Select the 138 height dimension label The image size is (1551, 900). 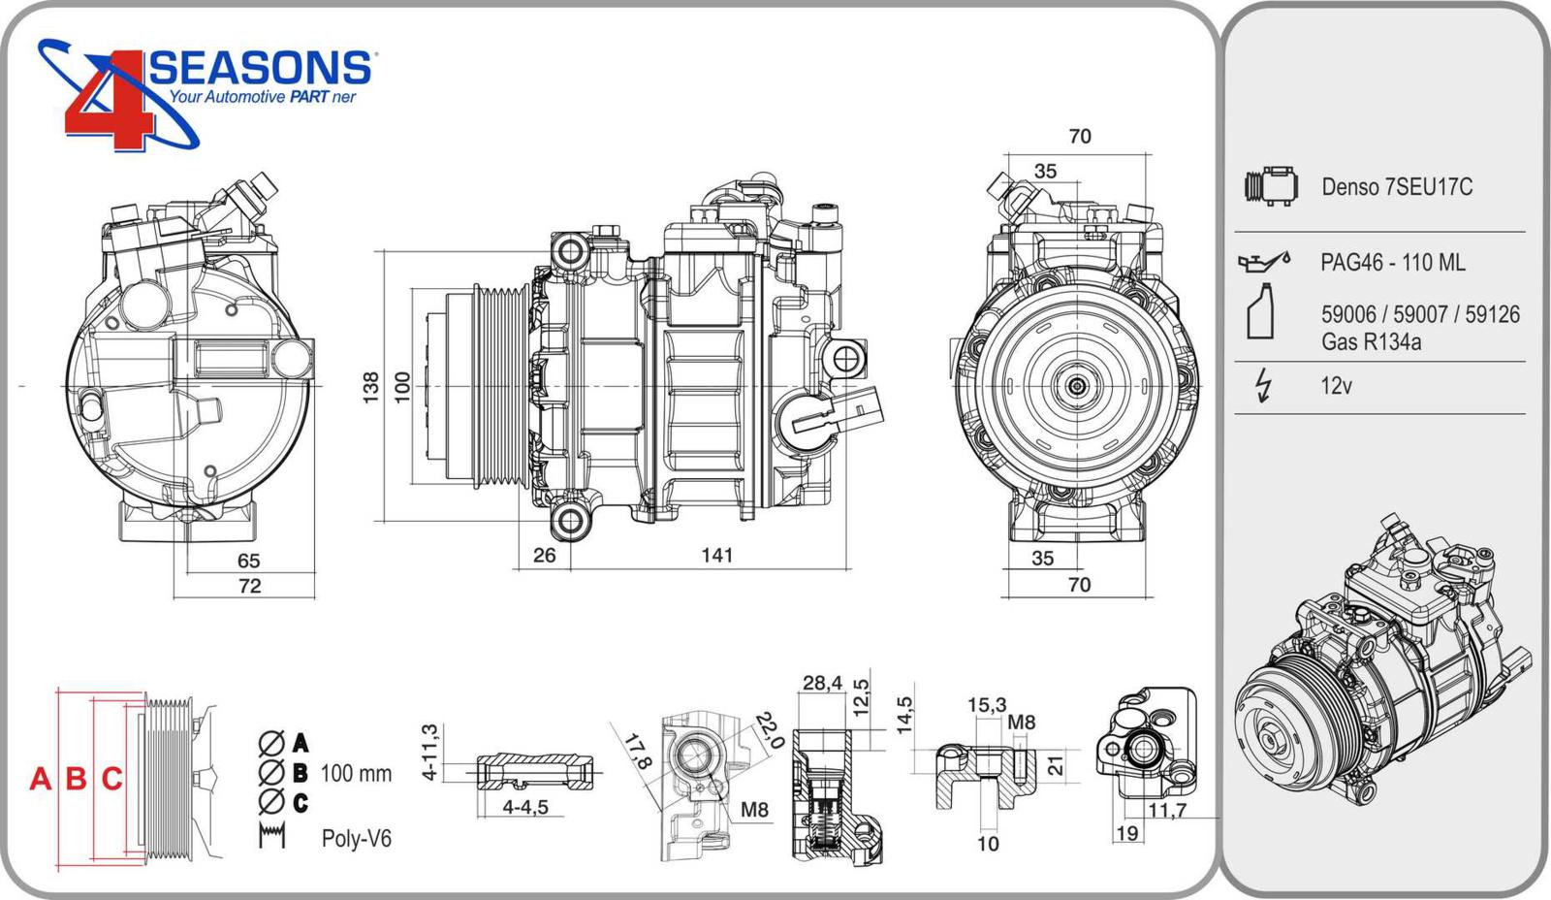click(371, 387)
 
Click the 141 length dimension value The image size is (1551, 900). click(717, 555)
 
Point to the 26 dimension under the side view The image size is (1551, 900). click(545, 555)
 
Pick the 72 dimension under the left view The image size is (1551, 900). click(249, 586)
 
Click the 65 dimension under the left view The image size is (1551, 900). click(249, 561)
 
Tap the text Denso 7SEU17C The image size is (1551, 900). click(1397, 187)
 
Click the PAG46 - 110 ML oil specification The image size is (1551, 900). click(1393, 263)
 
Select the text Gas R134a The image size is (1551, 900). click(1371, 342)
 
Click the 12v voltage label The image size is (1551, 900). click(1336, 386)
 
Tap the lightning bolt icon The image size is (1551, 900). click(1262, 385)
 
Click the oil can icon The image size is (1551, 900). click(1263, 261)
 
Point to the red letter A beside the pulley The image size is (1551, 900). click(40, 779)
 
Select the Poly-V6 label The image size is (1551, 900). click(357, 839)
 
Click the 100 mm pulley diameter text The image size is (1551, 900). click(356, 774)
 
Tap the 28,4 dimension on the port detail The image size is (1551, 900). click(822, 683)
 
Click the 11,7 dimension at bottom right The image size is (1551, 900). click(1167, 810)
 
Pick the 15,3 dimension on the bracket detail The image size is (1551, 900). click(987, 705)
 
